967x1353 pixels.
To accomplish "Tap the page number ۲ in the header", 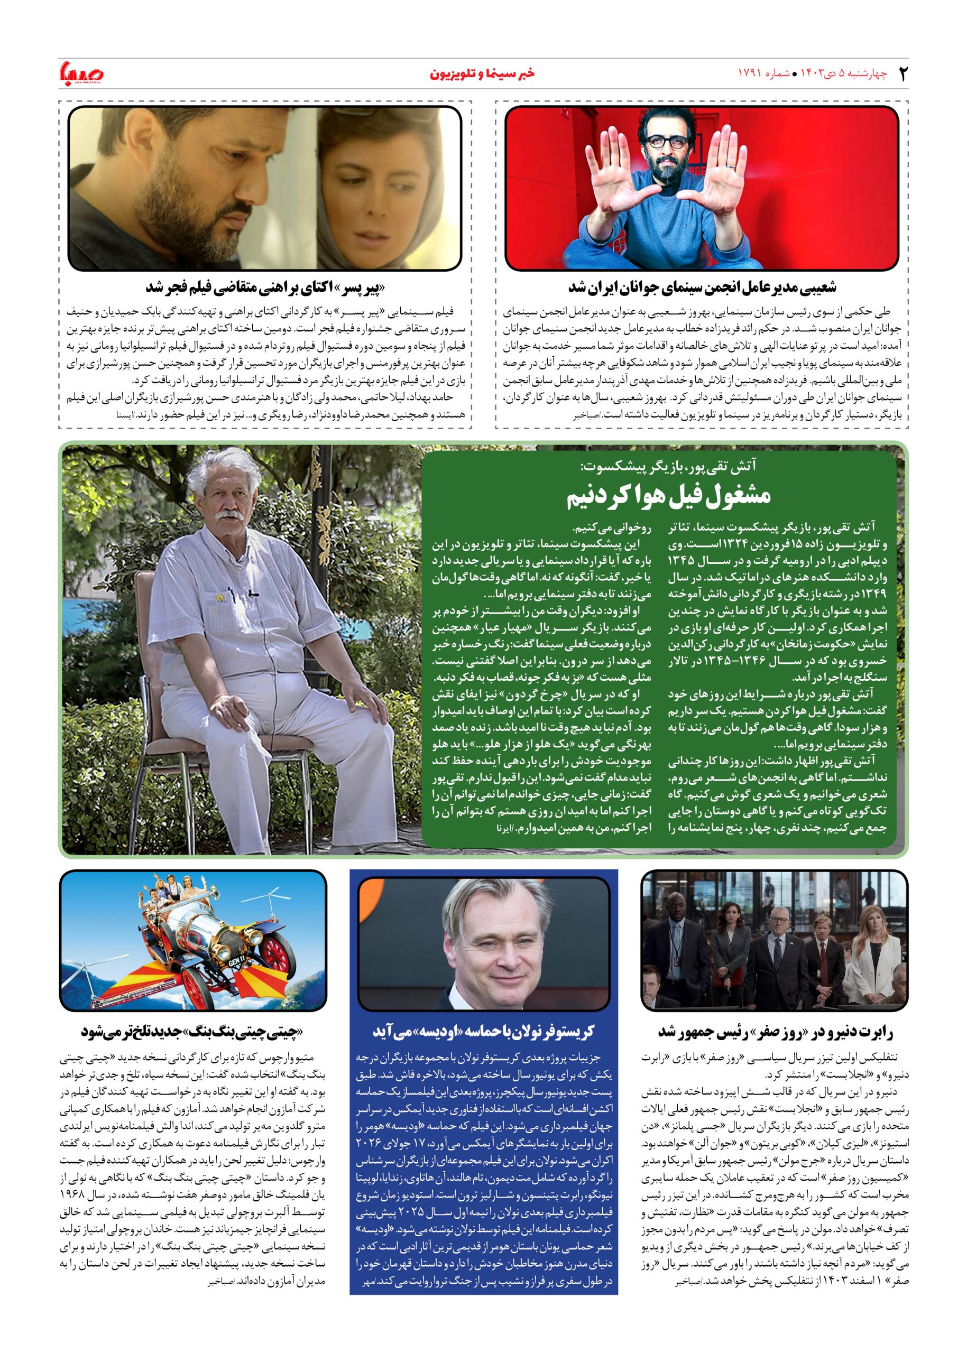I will click(902, 74).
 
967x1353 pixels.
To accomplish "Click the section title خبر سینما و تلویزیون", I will click(482, 74).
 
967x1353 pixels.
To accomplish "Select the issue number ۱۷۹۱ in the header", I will click(751, 74).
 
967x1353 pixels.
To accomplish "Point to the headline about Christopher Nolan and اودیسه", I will click(483, 1031).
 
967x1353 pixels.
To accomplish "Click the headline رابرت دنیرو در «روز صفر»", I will click(776, 1031).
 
